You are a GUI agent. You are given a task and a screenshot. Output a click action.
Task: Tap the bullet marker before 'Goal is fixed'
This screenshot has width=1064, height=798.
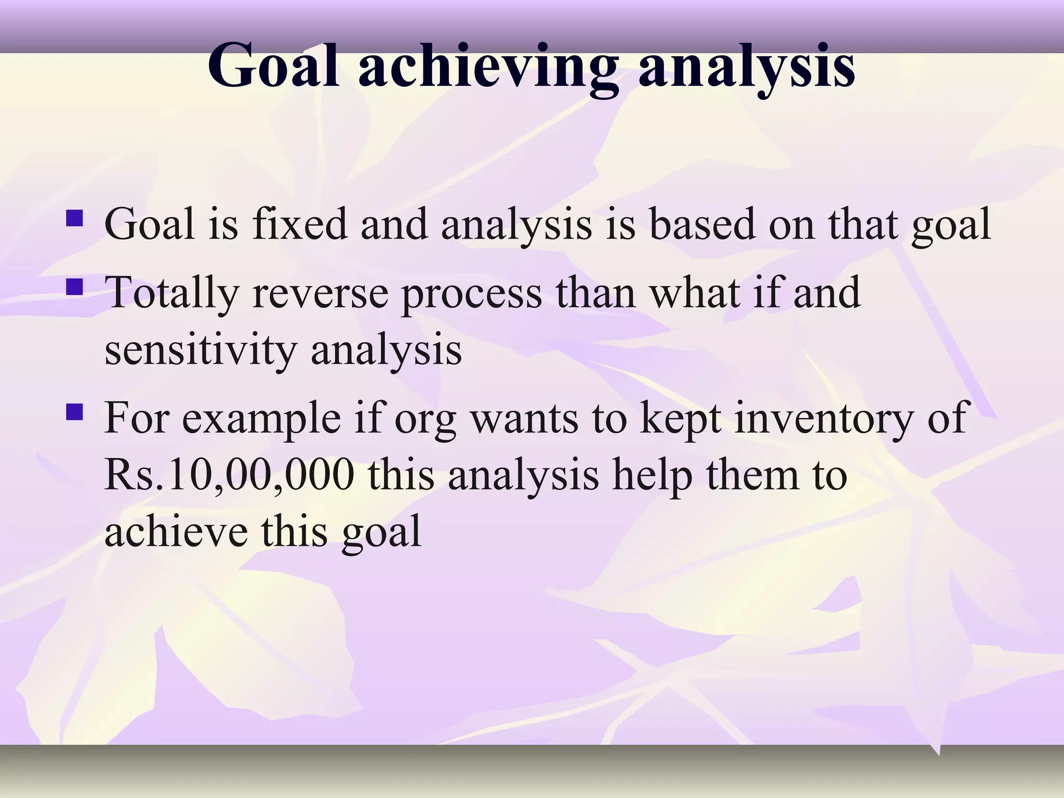[x=75, y=217]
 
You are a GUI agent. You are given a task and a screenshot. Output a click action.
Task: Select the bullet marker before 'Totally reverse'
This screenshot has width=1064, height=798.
[x=75, y=286]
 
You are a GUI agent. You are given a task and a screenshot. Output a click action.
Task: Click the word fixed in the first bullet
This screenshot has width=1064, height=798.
[x=300, y=224]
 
